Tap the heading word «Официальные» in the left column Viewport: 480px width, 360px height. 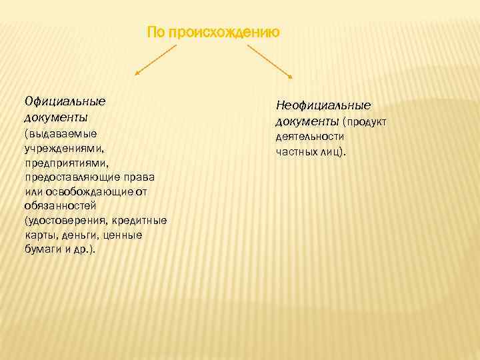pos(65,102)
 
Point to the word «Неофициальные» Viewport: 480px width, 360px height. pos(323,105)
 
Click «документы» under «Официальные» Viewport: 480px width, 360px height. pos(55,117)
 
